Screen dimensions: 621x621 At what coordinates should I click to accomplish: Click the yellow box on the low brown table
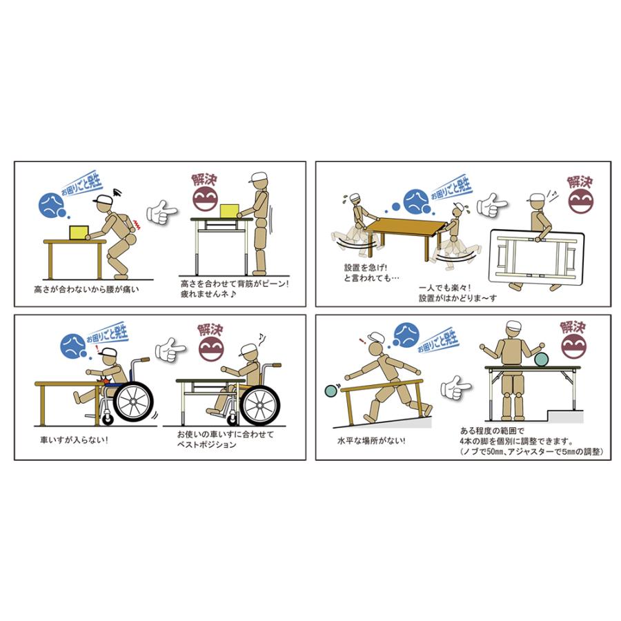[x=79, y=233]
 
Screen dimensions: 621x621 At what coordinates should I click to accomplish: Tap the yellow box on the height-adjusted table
[x=229, y=211]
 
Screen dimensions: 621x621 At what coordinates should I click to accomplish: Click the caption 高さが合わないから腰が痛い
[x=87, y=290]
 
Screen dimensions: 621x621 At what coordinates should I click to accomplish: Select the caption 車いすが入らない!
[x=74, y=440]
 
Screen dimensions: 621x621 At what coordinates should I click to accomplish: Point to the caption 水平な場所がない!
[x=371, y=441]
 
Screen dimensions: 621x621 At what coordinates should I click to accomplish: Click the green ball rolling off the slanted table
[x=331, y=391]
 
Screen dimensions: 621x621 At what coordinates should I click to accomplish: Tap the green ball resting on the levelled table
[x=541, y=359]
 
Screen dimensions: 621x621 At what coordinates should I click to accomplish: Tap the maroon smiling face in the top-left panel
[x=206, y=197]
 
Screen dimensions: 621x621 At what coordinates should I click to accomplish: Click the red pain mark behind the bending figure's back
[x=137, y=224]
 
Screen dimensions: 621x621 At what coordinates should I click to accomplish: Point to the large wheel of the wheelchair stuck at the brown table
[x=132, y=402]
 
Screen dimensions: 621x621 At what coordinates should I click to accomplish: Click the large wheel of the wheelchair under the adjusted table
[x=260, y=405]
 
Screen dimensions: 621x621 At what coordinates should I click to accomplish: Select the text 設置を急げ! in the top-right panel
[x=365, y=268]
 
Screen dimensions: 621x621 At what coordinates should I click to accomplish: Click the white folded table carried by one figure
[x=537, y=257]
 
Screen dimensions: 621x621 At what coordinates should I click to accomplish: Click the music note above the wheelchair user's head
[x=262, y=339]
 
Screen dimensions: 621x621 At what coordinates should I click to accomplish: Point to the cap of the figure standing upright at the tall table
[x=259, y=177]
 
